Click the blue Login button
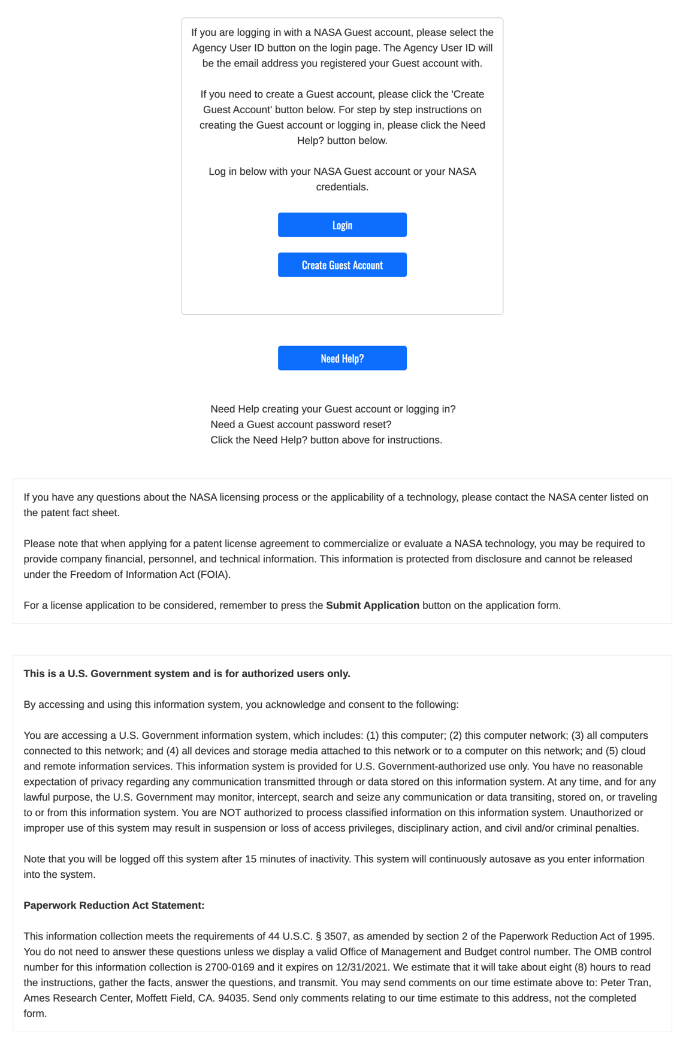point(342,225)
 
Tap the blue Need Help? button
point(342,358)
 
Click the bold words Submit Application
point(372,605)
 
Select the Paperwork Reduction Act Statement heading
point(114,905)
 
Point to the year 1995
point(640,936)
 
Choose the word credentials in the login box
point(342,187)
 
